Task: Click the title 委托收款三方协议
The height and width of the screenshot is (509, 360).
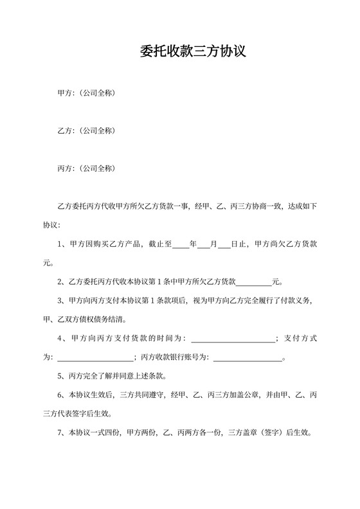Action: click(193, 52)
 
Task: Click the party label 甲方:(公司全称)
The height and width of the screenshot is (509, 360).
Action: click(86, 94)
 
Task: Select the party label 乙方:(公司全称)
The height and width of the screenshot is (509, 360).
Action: click(86, 131)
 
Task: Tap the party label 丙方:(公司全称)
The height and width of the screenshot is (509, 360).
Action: click(86, 168)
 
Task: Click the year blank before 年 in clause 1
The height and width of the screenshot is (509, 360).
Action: click(181, 244)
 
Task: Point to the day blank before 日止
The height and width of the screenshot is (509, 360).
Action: click(224, 244)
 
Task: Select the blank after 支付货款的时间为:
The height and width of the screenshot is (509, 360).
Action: click(233, 338)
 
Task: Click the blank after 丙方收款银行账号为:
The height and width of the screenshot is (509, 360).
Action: click(248, 357)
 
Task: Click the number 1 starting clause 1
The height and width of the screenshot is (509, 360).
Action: click(60, 244)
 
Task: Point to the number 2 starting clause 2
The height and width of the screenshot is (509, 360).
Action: click(60, 281)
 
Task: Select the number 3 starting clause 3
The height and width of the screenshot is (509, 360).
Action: click(60, 300)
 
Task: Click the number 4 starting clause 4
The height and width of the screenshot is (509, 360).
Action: click(60, 338)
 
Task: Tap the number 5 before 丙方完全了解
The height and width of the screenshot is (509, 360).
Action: click(60, 376)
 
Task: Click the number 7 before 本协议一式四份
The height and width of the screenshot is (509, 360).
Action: click(60, 433)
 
